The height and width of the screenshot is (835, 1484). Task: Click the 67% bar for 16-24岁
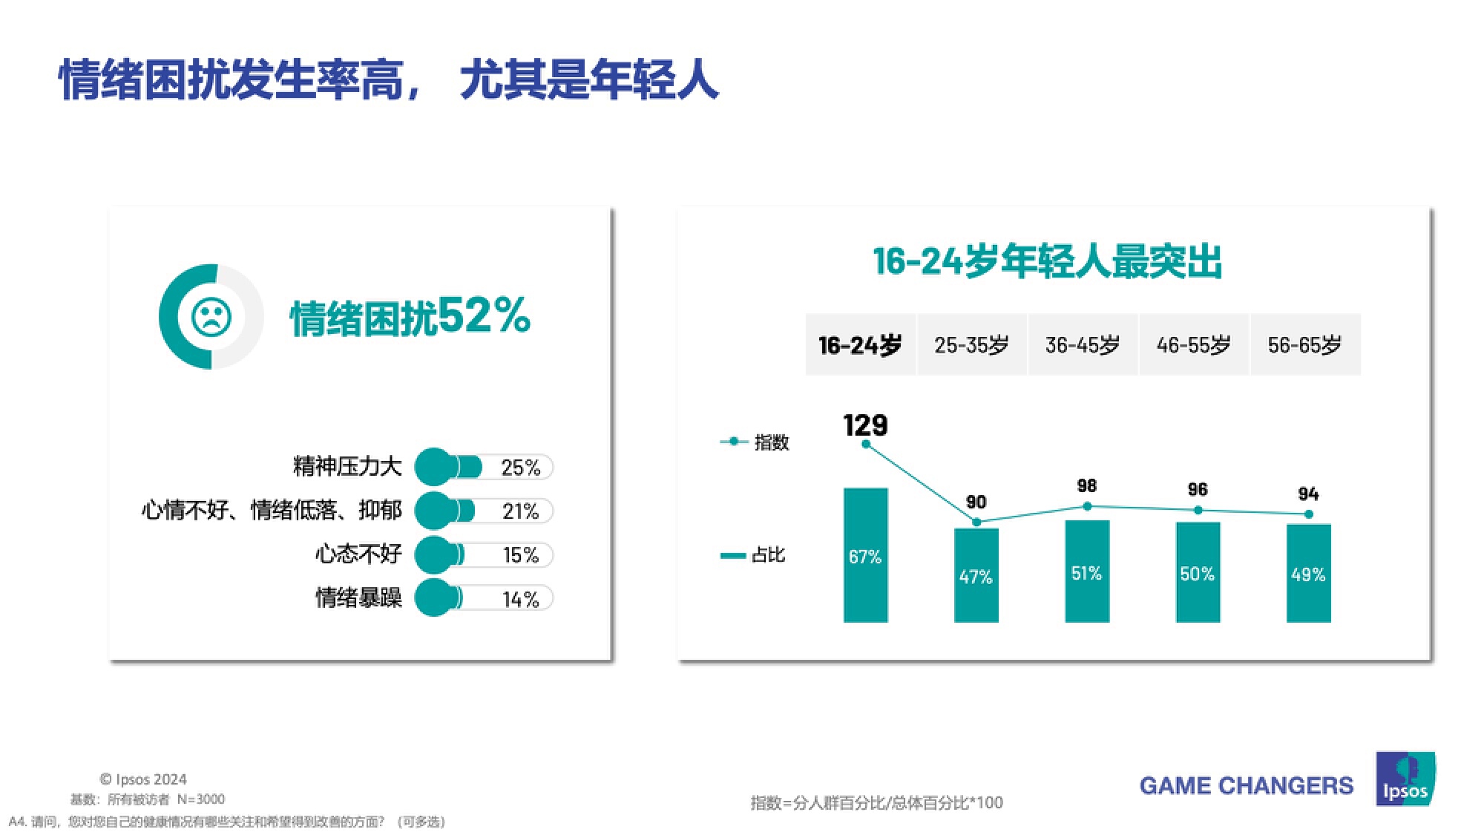coord(865,554)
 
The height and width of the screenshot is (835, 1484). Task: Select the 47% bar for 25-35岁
coord(976,575)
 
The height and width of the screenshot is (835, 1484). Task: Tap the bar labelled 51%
coord(1086,571)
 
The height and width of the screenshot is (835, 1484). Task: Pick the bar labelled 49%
coord(1308,573)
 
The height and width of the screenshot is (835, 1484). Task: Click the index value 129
coord(865,425)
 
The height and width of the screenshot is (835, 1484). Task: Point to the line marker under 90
coord(976,523)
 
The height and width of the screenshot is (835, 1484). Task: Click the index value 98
coord(1086,486)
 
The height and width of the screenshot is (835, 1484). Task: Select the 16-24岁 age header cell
coord(860,344)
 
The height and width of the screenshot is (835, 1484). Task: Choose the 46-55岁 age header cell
coord(1193,344)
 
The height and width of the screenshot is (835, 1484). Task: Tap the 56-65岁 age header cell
coord(1304,344)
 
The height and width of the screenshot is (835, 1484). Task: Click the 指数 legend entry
coord(755,442)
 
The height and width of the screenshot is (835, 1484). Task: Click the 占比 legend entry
coord(753,555)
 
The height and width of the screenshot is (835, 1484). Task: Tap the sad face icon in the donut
coord(211,317)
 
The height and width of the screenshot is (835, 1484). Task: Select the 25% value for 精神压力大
coord(520,468)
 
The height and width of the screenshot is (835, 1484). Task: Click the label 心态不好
coord(358,554)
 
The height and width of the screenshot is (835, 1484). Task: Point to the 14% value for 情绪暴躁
coord(520,599)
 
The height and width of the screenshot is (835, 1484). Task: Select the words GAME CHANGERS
coord(1246,785)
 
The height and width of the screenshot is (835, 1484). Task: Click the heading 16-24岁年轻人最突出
coord(1047,261)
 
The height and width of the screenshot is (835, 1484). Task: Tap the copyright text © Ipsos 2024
coord(143,779)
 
